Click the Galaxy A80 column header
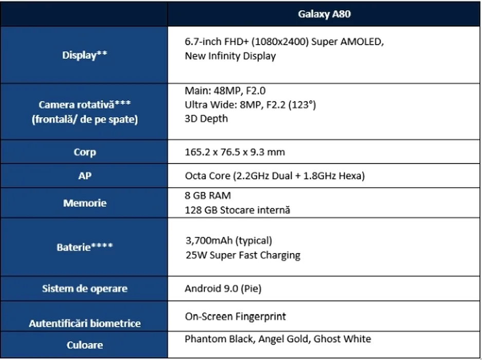pos(324,14)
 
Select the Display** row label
pos(84,55)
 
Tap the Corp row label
pos(84,152)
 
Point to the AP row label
pos(84,176)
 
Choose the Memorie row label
pos(84,203)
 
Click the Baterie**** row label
pos(84,247)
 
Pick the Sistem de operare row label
pos(84,289)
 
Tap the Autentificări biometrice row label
pos(84,323)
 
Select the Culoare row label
pos(84,345)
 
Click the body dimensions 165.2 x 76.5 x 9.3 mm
pos(234,152)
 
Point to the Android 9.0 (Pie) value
pos(223,289)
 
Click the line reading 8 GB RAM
pos(208,195)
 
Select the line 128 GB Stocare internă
pos(237,210)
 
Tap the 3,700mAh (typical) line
pos(229,240)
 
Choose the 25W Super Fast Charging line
pos(243,255)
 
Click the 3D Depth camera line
pos(206,119)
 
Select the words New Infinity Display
pos(230,56)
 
